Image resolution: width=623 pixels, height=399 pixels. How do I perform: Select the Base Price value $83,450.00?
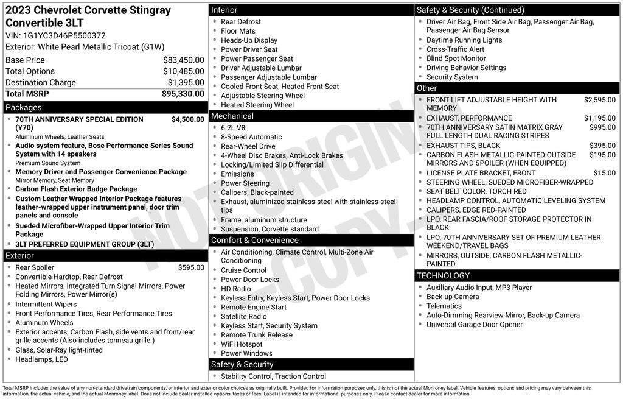pos(183,60)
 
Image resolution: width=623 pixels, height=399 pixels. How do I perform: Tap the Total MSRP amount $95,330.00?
pos(183,94)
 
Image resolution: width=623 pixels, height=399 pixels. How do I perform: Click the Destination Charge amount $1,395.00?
pos(186,83)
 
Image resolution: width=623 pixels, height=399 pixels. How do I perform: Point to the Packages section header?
pos(24,107)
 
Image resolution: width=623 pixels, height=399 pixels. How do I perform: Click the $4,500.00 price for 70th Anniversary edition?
pos(187,119)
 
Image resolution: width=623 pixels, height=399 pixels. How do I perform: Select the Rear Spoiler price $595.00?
pos(191,267)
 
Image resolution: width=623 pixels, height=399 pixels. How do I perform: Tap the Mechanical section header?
pos(232,116)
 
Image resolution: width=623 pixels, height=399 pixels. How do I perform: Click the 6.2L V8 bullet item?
pos(233,128)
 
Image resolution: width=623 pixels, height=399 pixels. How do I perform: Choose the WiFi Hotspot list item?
pos(242,344)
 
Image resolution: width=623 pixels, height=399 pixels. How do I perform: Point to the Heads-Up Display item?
pos(249,40)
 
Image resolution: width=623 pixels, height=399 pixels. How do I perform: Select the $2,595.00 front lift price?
pos(599,100)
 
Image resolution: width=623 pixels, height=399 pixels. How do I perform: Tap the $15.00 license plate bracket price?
pos(604,173)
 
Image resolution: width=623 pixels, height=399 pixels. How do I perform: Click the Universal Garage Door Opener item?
pos(475,325)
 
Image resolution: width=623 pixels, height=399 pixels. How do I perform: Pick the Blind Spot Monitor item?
pos(456,58)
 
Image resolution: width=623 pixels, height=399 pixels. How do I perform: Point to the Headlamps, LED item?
pos(41,359)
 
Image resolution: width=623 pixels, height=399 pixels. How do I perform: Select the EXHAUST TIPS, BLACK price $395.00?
pos(602,146)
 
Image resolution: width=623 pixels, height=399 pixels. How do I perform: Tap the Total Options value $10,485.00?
pos(183,71)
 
